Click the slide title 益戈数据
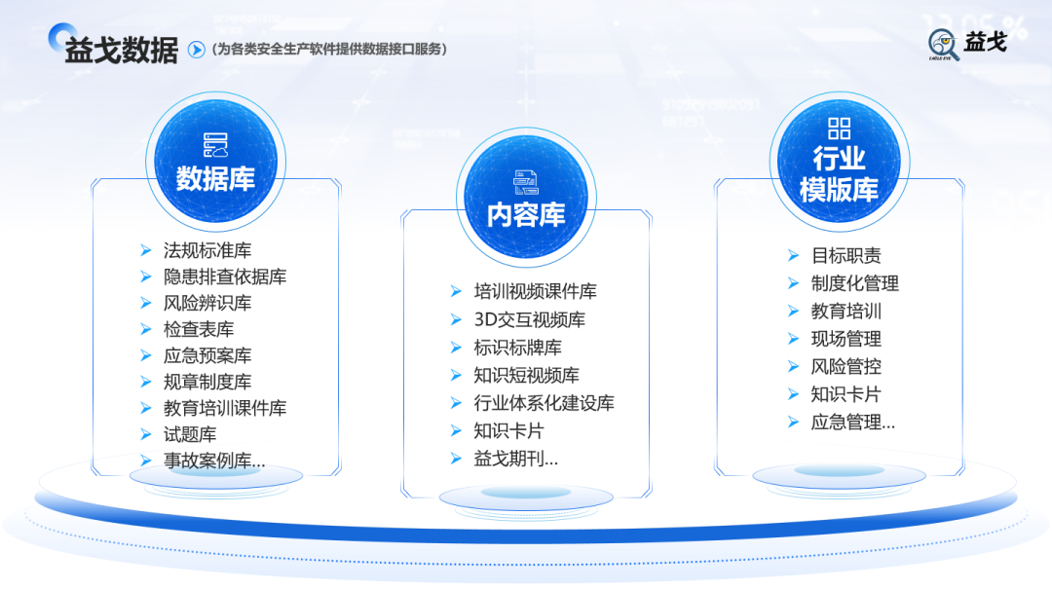click(121, 50)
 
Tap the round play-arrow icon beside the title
click(196, 50)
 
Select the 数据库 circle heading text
click(215, 179)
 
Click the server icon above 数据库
click(215, 145)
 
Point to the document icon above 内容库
click(526, 181)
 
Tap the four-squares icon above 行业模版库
click(839, 128)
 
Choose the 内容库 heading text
click(526, 214)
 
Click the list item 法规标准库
click(207, 251)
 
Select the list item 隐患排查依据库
click(225, 277)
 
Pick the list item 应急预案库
click(207, 355)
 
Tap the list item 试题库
click(190, 434)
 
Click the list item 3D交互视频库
click(530, 319)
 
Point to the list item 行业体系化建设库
click(544, 403)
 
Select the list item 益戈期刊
click(515, 460)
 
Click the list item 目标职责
click(846, 256)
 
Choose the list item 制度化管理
click(855, 283)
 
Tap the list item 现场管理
click(846, 339)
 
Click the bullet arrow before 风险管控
click(794, 367)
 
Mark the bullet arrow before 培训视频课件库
click(456, 291)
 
